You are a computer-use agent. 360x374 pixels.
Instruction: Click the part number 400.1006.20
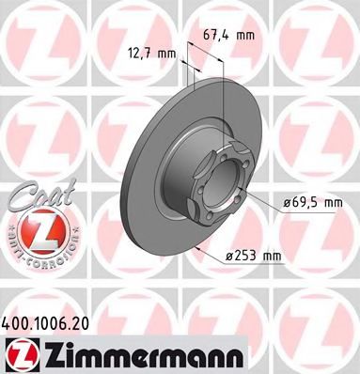50,321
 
